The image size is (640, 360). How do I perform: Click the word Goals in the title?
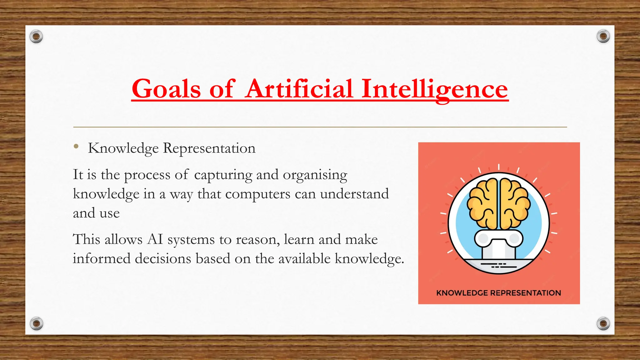[x=166, y=89]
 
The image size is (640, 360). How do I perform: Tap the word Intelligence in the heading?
[x=434, y=89]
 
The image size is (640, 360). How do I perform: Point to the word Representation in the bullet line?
[x=209, y=148]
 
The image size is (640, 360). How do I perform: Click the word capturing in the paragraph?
[x=223, y=175]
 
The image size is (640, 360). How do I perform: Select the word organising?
[x=315, y=175]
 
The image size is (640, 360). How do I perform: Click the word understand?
[x=354, y=194]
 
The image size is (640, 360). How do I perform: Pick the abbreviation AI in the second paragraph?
[x=155, y=240]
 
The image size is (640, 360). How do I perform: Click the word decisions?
[x=163, y=259]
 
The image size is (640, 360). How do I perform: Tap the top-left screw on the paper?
[x=36, y=37]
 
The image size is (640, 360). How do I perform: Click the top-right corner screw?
[x=603, y=37]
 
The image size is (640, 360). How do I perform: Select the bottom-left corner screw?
[x=36, y=323]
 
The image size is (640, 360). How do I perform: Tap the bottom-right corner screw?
[x=603, y=323]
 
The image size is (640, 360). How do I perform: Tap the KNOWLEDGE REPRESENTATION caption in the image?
[x=498, y=293]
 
